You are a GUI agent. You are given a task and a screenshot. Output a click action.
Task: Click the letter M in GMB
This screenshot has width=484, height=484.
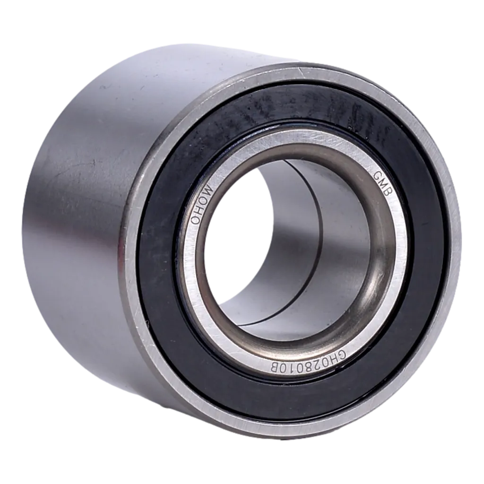pyautogui.click(x=383, y=185)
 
